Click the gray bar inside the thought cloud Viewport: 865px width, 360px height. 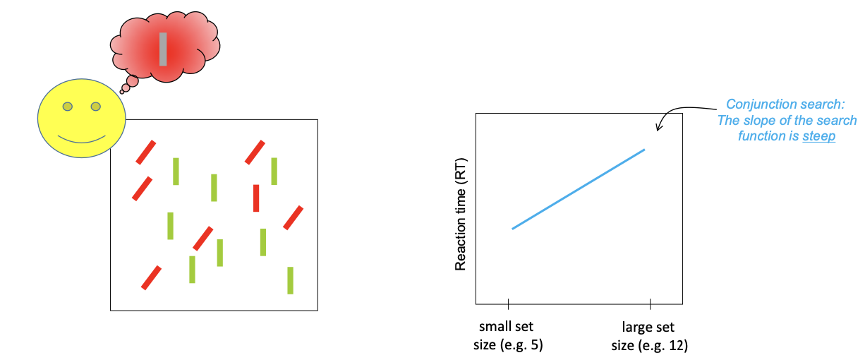tap(163, 49)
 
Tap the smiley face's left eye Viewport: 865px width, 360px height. tap(67, 107)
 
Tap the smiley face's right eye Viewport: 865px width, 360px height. tap(96, 107)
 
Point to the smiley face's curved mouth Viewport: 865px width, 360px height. tap(81, 138)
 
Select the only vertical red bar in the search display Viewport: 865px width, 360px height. tap(256, 198)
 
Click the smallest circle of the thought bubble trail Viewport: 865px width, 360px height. tap(122, 91)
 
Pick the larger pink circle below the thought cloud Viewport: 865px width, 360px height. tap(132, 81)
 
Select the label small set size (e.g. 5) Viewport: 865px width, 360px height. tap(507, 337)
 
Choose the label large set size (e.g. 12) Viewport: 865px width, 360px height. tap(648, 337)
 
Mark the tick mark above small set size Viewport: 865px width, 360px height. tap(508, 305)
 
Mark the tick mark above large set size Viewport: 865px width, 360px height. tap(650, 305)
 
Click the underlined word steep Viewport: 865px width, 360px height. tap(818, 136)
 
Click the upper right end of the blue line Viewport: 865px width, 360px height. tap(643, 150)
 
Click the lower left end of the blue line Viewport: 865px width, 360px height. tap(514, 228)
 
